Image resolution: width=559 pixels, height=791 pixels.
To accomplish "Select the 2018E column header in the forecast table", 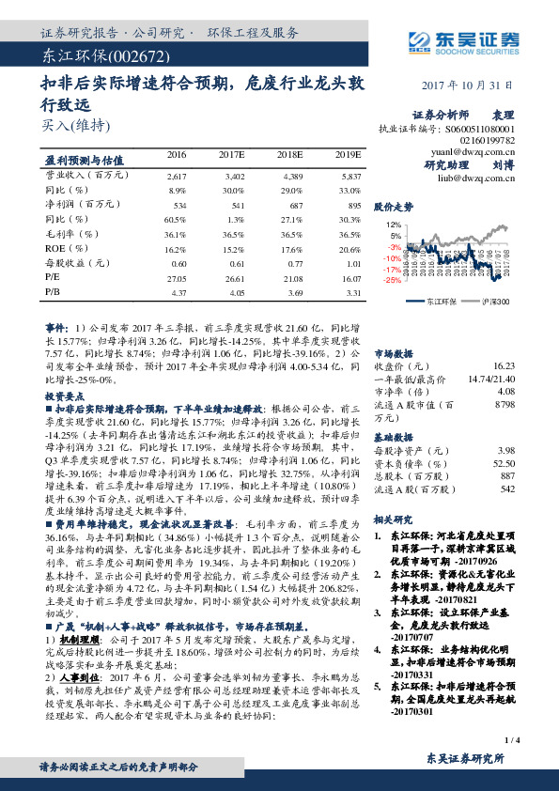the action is tap(290, 154).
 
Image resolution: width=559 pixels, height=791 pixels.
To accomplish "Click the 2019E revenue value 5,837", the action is tap(349, 176).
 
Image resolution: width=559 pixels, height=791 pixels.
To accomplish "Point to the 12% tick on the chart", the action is tap(395, 225).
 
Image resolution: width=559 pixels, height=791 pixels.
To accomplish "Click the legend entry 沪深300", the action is tap(495, 302).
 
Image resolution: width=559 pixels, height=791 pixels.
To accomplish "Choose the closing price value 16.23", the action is tap(503, 364).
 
